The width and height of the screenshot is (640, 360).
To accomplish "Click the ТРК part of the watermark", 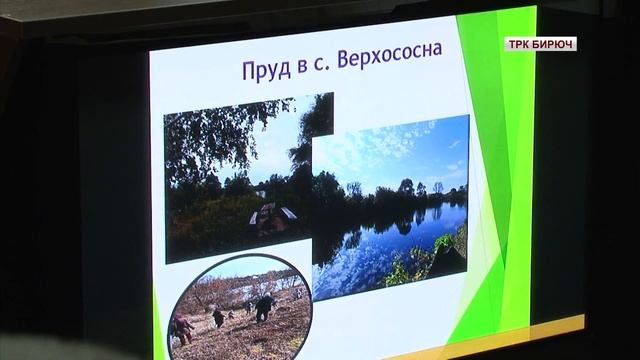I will [523, 44].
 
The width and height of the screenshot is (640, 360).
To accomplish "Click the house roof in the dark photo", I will [274, 211].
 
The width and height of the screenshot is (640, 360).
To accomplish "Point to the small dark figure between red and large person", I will [218, 316].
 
